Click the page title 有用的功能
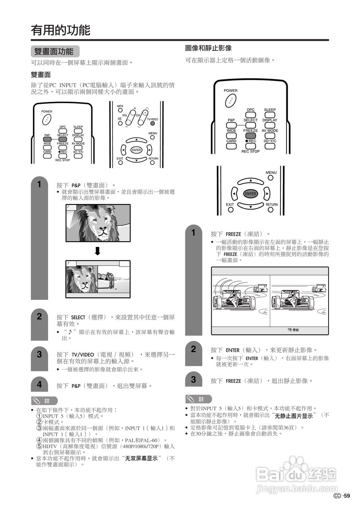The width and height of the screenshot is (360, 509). (61, 30)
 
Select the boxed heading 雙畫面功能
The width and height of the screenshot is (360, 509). (54, 51)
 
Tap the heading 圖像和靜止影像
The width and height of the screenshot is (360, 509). (208, 48)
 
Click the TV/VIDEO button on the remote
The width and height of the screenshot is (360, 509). (152, 114)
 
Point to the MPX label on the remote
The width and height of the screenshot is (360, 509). (120, 106)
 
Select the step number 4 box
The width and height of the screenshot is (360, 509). (39, 385)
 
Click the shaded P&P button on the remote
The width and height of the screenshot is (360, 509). (47, 139)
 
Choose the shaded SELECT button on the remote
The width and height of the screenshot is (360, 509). (62, 139)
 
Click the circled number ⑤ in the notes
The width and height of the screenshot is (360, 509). (39, 446)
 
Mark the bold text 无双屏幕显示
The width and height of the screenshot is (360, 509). (141, 458)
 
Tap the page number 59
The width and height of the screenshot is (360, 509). (346, 495)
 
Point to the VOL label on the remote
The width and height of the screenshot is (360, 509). (125, 115)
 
